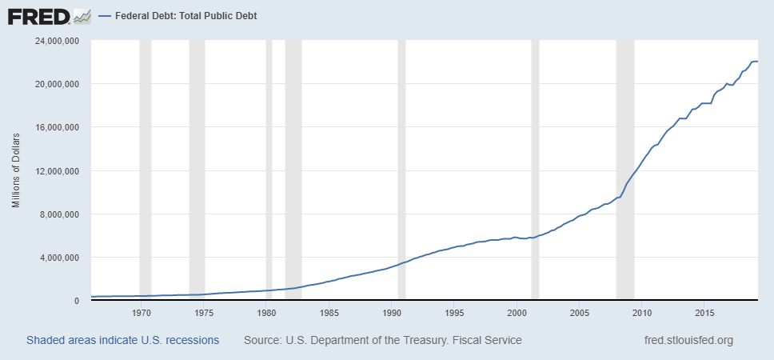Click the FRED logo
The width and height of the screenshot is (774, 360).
38,15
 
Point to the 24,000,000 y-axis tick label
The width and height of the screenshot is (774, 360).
55,41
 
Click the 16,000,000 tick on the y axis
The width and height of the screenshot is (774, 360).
55,127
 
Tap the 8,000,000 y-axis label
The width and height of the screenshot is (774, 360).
58,214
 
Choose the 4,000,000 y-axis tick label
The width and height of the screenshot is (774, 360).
58,258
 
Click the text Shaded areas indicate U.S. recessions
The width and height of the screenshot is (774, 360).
122,340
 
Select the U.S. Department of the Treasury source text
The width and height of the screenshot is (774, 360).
382,340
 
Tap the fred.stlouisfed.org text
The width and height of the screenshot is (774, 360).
688,340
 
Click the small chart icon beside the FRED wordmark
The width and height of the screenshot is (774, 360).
82,15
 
